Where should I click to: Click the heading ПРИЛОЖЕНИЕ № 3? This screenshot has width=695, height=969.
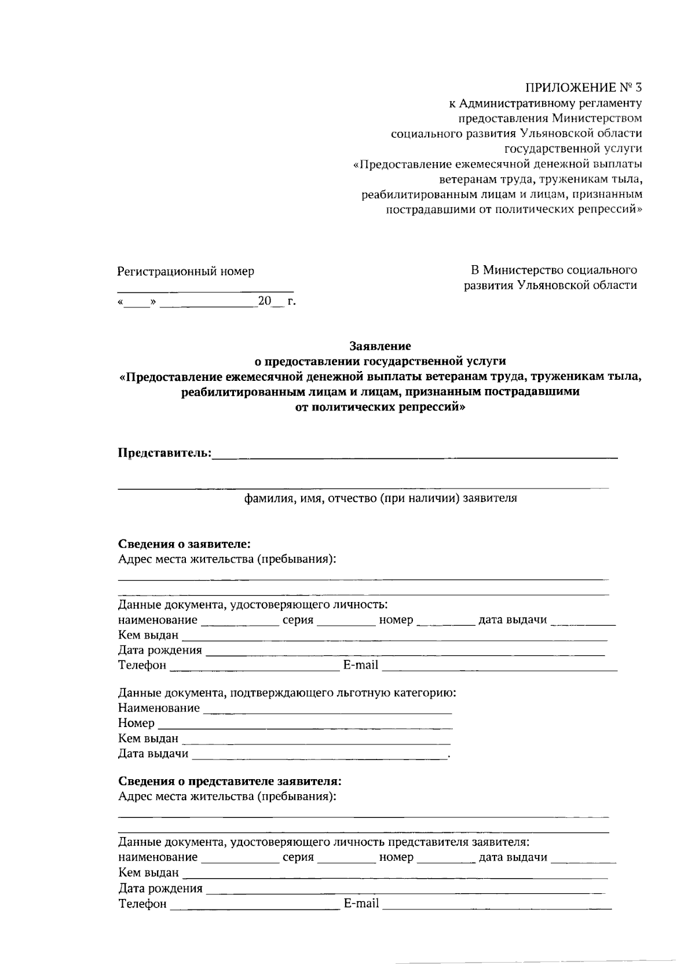click(584, 88)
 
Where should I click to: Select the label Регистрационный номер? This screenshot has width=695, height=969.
click(185, 271)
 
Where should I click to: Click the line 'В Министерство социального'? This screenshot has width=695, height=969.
click(554, 270)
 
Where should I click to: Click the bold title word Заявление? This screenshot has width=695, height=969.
click(380, 346)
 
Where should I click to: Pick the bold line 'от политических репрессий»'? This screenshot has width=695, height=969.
click(380, 406)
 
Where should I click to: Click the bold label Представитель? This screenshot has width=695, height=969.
click(164, 452)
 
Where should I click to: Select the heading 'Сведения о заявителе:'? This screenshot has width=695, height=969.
click(184, 544)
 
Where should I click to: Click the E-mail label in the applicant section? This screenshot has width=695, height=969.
click(361, 665)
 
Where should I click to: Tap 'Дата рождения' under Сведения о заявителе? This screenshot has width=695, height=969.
click(160, 650)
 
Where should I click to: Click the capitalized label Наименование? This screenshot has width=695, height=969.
click(159, 707)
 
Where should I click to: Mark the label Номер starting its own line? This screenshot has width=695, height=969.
click(136, 723)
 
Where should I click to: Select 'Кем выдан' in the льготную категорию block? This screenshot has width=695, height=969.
click(148, 738)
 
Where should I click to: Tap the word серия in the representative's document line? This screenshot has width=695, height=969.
click(298, 857)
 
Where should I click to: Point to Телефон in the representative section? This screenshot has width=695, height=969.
click(142, 903)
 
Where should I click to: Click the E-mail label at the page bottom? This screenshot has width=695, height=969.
click(361, 903)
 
